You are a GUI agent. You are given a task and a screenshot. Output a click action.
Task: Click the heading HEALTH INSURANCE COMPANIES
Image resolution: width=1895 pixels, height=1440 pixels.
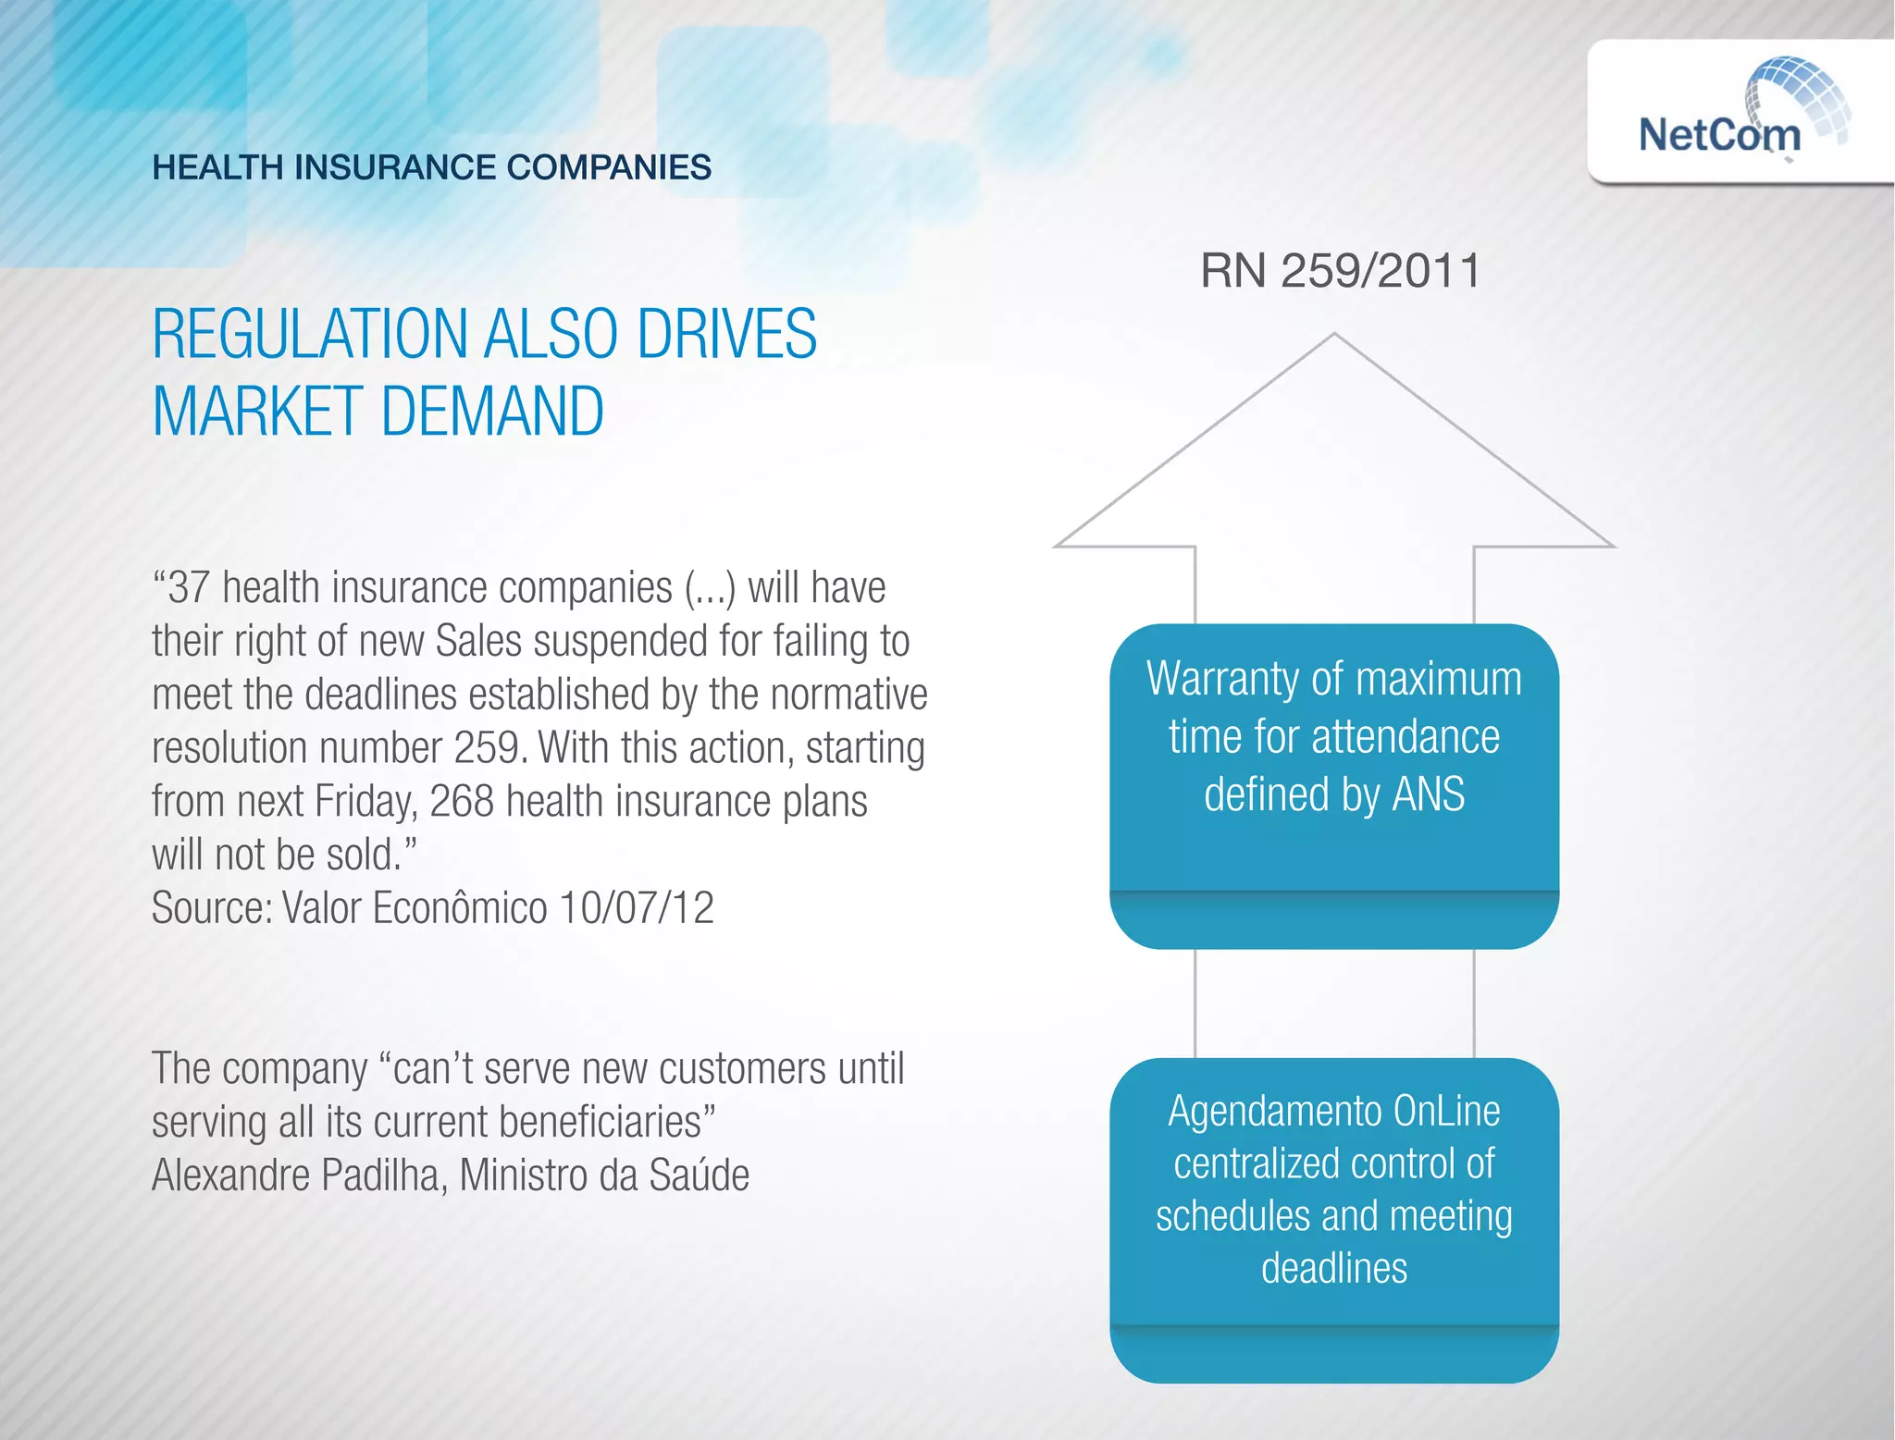(x=431, y=167)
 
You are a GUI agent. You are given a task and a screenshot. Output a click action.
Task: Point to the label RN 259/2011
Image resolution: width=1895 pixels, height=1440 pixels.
(x=1340, y=271)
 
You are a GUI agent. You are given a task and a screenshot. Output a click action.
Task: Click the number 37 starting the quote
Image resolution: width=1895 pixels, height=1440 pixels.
(x=188, y=588)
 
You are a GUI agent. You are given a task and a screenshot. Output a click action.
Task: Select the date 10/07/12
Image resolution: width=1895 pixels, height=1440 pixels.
(x=637, y=908)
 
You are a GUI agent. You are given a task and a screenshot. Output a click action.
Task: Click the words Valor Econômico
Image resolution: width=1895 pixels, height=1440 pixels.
(x=415, y=908)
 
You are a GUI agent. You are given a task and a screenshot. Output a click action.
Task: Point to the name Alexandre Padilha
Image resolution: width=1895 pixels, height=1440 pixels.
(x=295, y=1175)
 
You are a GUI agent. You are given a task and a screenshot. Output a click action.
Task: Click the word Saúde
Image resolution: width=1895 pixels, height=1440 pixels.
(x=699, y=1175)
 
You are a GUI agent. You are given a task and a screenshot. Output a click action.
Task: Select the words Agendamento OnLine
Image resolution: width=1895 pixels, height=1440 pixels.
(x=1333, y=1111)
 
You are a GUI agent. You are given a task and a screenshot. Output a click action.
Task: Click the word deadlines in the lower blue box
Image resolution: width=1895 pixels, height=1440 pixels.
(x=1333, y=1268)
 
